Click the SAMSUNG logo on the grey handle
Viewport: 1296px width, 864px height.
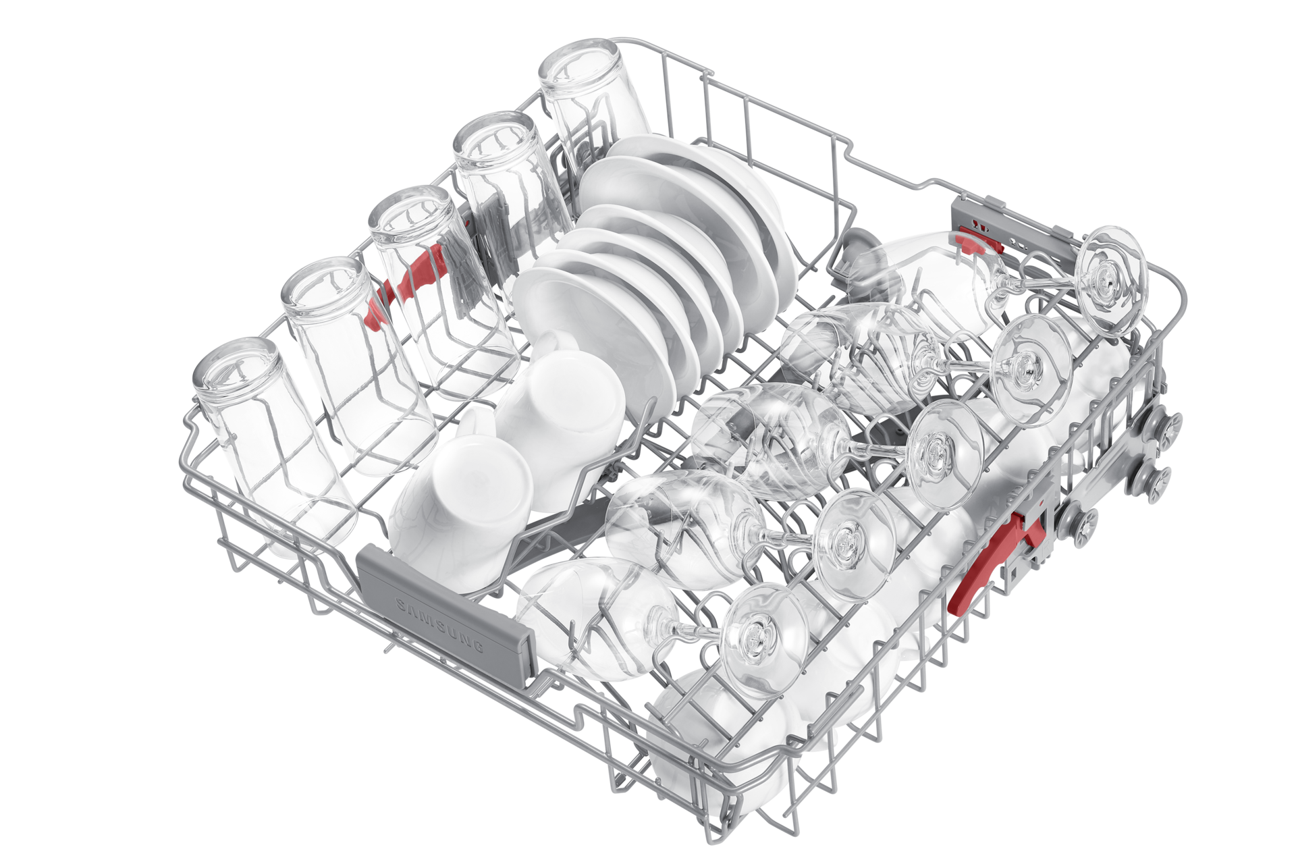440,624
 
